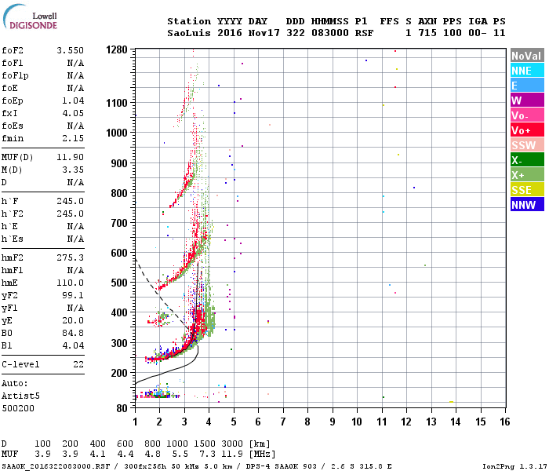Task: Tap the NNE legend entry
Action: click(524, 71)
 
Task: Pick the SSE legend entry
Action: click(524, 190)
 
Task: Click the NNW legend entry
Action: click(524, 205)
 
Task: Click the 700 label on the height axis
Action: click(119, 223)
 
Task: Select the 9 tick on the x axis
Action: click(333, 422)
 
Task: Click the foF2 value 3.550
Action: click(70, 49)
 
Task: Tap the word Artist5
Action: click(20, 397)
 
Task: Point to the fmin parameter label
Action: click(14, 138)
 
